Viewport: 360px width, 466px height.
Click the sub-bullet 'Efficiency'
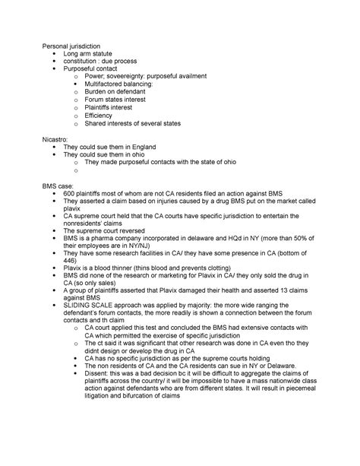[103, 120]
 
